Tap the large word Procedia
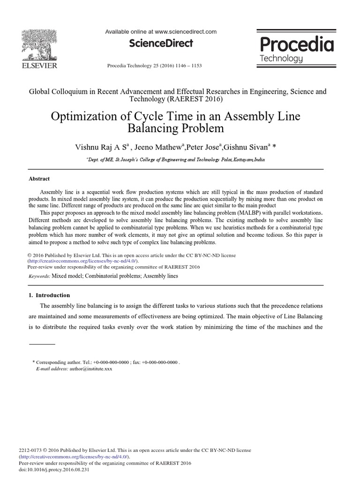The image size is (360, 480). (x=296, y=45)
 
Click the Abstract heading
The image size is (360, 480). (x=39, y=179)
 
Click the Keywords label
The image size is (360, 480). (x=39, y=277)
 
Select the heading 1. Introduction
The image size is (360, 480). (x=49, y=295)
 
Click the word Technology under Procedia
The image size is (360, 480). (x=281, y=59)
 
